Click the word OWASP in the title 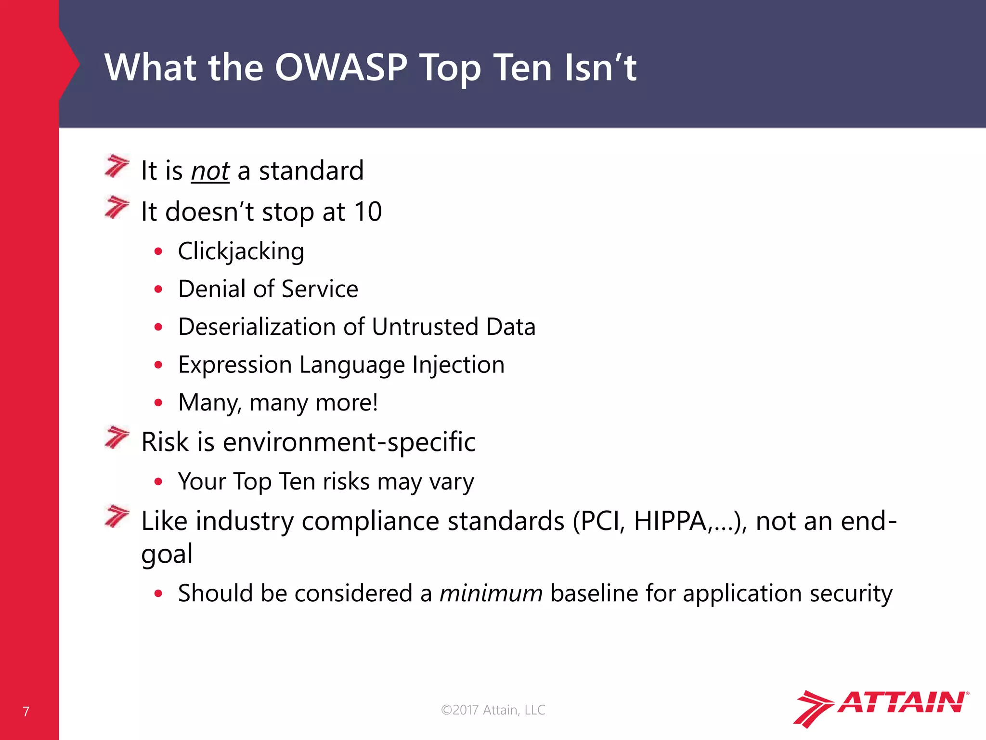point(341,67)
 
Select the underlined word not point(210,172)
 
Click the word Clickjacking point(241,251)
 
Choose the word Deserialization point(257,327)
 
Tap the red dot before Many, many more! point(158,402)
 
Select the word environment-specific point(349,442)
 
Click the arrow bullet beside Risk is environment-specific point(117,437)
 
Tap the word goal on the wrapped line point(167,554)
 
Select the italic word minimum point(491,594)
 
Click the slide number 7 point(26,712)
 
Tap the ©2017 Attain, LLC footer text point(493,710)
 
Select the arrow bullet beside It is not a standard point(117,166)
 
